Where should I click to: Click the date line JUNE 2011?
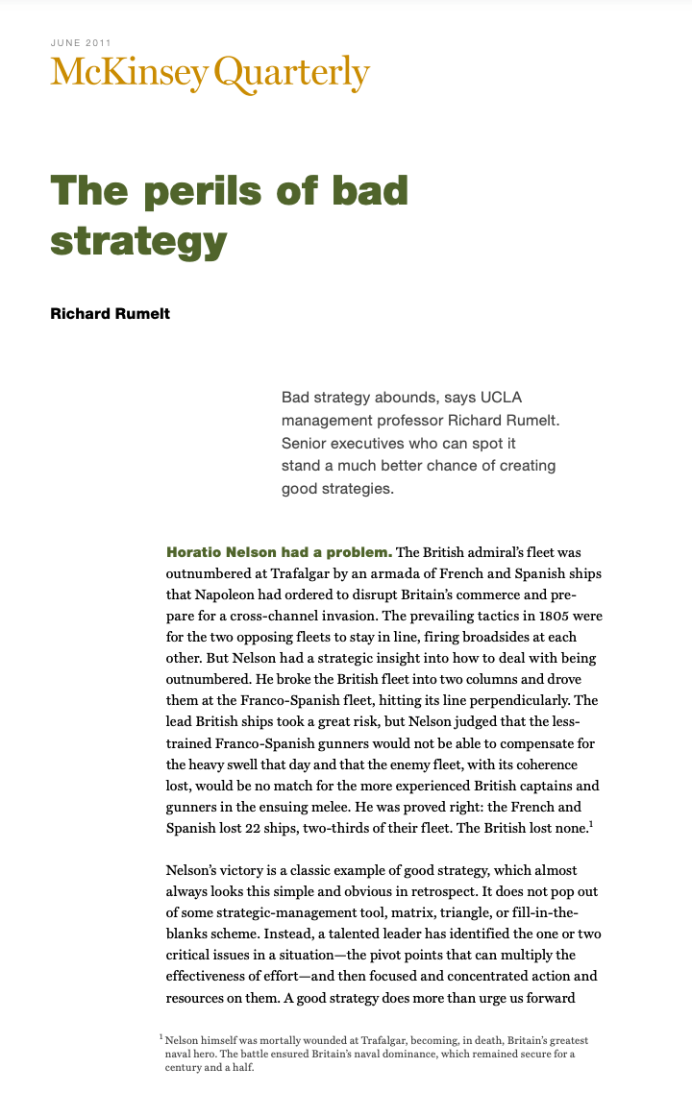(x=81, y=42)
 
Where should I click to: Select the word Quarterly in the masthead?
(x=292, y=74)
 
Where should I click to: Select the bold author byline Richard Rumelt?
(x=110, y=313)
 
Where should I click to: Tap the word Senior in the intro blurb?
(x=306, y=444)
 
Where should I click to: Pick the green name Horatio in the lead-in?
(x=197, y=552)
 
